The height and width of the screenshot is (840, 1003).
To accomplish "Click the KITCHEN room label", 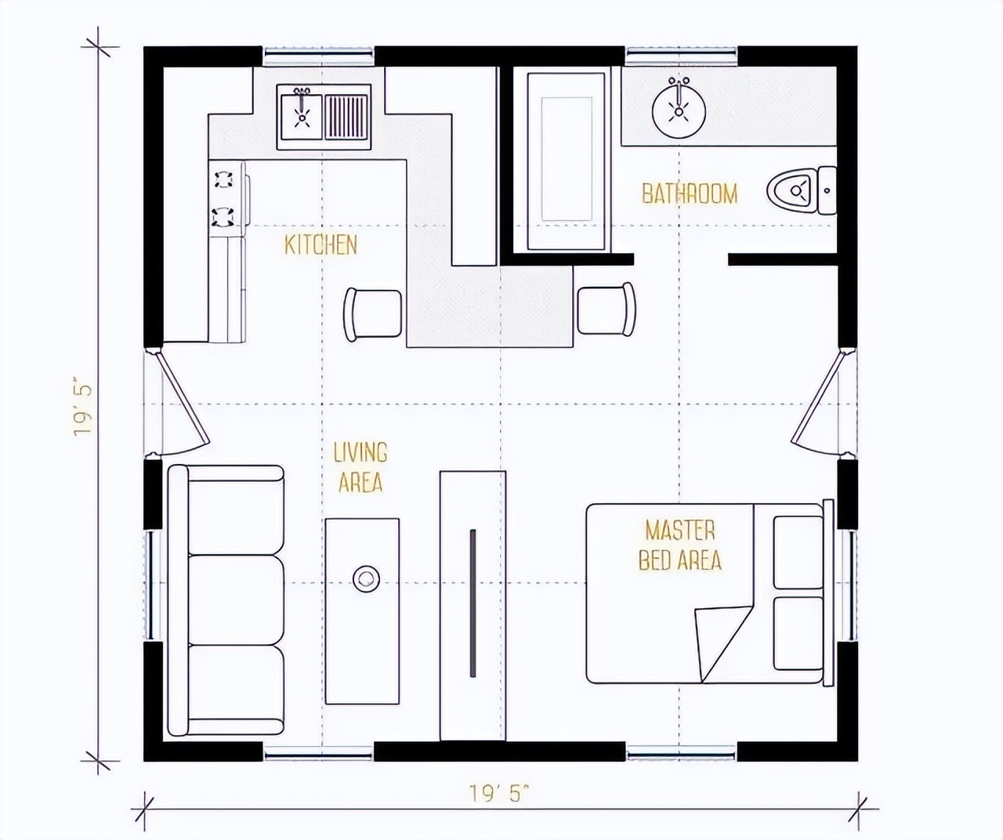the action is pos(321,245).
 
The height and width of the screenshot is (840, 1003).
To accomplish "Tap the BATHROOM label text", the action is pos(690,194).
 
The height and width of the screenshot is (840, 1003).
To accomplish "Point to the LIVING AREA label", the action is pos(360,467).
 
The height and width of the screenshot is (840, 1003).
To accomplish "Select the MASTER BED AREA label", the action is pos(680,545).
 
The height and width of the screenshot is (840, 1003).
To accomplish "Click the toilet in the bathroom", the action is pos(802,190).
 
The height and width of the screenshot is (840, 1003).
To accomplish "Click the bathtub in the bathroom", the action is pos(567,161).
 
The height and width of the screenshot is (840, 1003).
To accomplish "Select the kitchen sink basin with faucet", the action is pos(302,117).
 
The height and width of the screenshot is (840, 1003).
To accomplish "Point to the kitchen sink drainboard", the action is pos(346,117).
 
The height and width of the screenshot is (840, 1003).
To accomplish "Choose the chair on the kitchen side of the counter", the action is pos(373,314).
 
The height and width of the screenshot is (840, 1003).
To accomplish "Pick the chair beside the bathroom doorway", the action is pos(607,309).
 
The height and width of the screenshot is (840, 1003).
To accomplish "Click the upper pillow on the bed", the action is pos(798,552).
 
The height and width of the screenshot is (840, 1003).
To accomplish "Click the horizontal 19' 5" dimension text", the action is pos(499,794).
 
